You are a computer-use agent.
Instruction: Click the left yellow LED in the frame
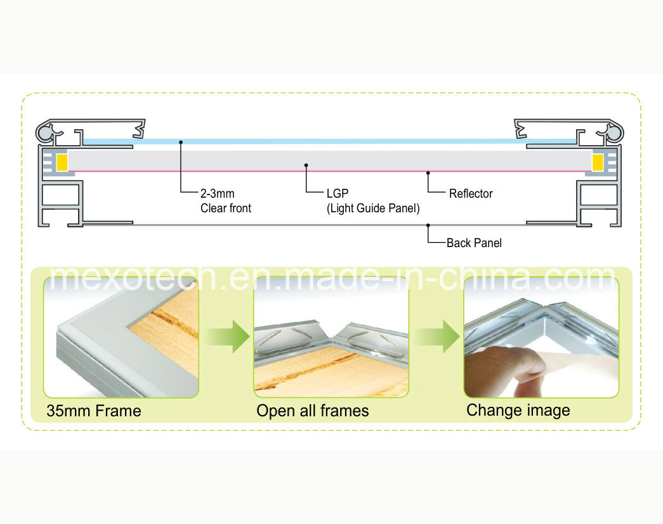coord(62,163)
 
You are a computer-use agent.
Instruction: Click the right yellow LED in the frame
coord(598,163)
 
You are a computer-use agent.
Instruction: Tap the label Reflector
coord(471,193)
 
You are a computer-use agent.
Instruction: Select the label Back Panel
coord(474,243)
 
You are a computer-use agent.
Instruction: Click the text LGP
coord(338,193)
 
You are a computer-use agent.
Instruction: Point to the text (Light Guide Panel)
coord(373,208)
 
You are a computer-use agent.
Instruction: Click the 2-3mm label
coord(218,193)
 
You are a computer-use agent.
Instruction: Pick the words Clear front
coord(226,208)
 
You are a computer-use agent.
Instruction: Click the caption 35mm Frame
coord(94,411)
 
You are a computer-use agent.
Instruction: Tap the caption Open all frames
coord(313,411)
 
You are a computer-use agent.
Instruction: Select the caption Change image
coord(518,411)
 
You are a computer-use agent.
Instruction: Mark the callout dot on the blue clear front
coord(181,143)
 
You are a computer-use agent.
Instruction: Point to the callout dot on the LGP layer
coord(306,165)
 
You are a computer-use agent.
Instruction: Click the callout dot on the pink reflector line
coord(428,173)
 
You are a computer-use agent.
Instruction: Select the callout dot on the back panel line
coord(428,226)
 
